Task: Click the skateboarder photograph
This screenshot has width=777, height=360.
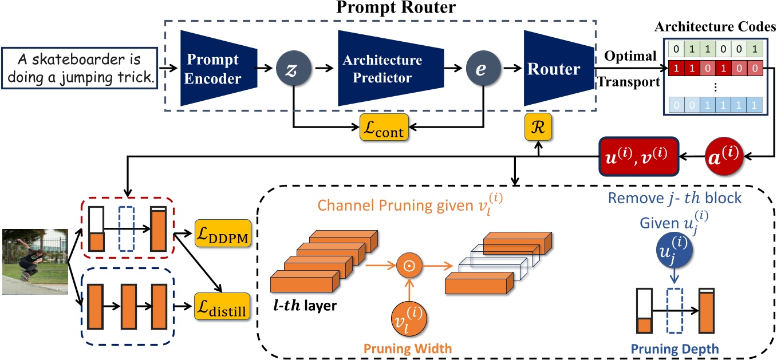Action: coord(34,262)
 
